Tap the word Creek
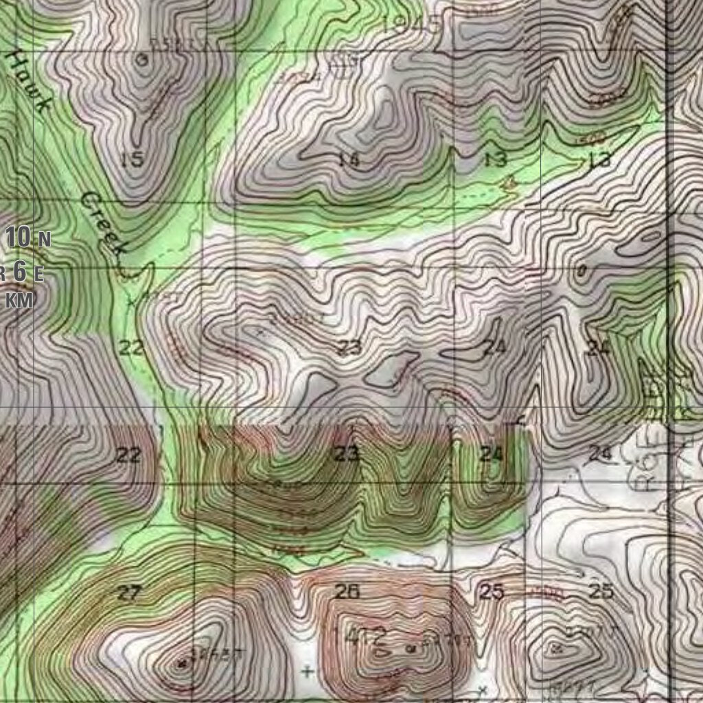click(x=104, y=223)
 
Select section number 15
click(x=131, y=159)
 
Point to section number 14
click(x=349, y=159)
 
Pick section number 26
click(x=347, y=591)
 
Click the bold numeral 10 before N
click(x=19, y=238)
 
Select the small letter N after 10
click(x=44, y=240)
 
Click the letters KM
click(x=21, y=300)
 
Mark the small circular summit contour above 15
click(x=143, y=60)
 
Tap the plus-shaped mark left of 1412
click(x=308, y=671)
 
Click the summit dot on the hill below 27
click(x=183, y=663)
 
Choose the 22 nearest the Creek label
click(x=131, y=347)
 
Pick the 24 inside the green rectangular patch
click(x=492, y=454)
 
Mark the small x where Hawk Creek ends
click(x=130, y=301)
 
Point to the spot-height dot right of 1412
click(x=411, y=647)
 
